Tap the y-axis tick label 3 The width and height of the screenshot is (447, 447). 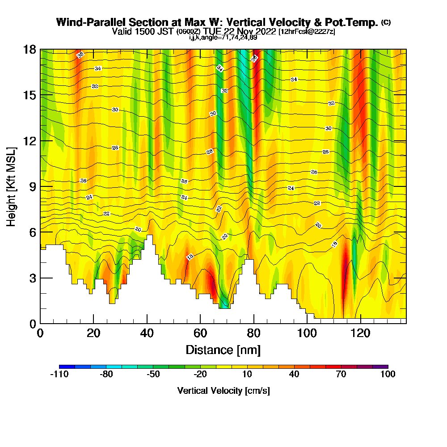(32, 278)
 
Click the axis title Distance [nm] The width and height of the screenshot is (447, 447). (223, 350)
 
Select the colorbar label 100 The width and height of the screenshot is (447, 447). (388, 375)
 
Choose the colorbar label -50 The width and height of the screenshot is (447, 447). (153, 375)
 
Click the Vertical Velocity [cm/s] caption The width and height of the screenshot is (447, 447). (223, 391)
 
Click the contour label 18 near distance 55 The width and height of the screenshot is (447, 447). (190, 257)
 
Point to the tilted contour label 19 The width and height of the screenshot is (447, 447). (334, 244)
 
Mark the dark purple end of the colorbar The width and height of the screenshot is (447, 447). (384, 367)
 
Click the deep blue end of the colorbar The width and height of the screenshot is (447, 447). (63, 367)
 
